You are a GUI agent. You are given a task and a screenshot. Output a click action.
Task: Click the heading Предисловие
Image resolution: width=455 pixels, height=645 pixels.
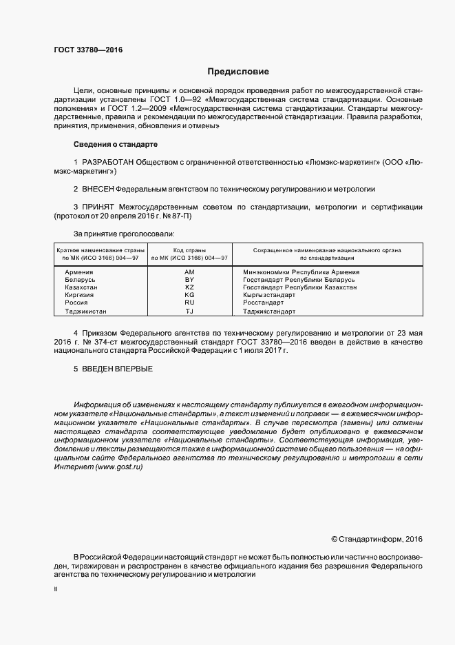[239, 72]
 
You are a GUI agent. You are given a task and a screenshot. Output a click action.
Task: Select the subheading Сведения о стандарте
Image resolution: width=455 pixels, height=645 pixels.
[116, 145]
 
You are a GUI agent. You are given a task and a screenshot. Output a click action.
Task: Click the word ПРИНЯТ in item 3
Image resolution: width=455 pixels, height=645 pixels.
[98, 206]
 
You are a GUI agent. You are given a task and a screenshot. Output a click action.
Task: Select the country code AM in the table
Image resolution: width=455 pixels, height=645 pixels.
[190, 272]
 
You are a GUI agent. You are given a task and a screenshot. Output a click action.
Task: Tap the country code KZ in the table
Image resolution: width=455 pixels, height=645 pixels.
[190, 287]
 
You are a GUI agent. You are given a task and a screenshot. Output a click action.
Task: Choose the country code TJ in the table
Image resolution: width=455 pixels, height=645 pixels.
[190, 311]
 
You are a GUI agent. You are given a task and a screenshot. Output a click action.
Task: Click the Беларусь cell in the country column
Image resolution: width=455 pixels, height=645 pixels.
[81, 280]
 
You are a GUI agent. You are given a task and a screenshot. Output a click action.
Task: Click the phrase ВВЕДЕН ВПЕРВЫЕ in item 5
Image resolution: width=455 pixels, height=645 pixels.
[117, 369]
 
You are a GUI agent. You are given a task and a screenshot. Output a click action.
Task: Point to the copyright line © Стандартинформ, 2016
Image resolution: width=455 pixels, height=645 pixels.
[377, 539]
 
